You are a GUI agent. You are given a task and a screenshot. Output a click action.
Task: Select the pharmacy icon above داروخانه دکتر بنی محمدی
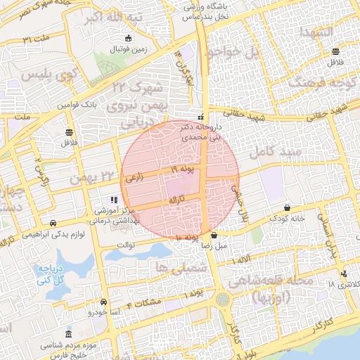coord(201,117)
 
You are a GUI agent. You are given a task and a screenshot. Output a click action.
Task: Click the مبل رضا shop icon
coord(214,236)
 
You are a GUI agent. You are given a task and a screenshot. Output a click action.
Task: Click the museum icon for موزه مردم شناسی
coord(68,334)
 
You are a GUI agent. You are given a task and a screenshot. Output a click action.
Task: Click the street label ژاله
coord(176,200)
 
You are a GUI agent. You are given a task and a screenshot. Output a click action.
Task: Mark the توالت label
coord(124,245)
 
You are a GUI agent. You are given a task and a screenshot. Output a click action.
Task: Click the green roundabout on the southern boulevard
coord(222,299)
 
